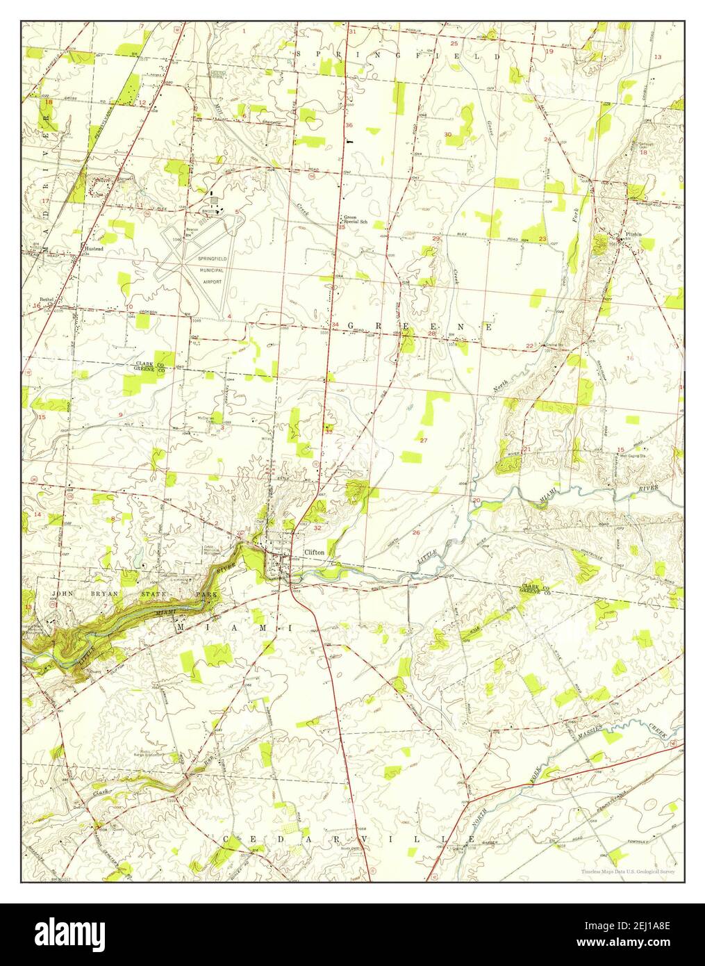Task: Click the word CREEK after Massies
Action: pyautogui.click(x=656, y=729)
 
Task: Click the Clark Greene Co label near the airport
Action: pyautogui.click(x=149, y=366)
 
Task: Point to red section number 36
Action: pyautogui.click(x=349, y=125)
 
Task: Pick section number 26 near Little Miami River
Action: pyautogui.click(x=415, y=533)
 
